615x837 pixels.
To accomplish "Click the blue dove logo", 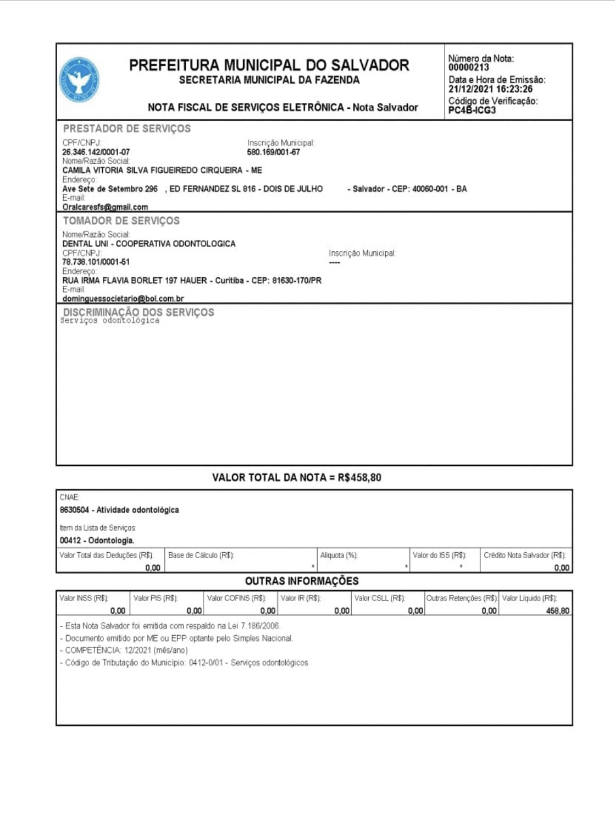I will click(x=79, y=80).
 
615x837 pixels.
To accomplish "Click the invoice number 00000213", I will click(x=468, y=68).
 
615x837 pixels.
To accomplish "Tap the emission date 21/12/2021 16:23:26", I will click(x=490, y=89).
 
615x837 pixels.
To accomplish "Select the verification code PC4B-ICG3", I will click(x=472, y=110).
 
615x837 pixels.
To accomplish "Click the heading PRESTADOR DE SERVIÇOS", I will click(x=127, y=129).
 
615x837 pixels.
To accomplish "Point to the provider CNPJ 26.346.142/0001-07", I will click(x=96, y=152).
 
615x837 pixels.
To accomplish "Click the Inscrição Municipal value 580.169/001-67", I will click(x=273, y=152).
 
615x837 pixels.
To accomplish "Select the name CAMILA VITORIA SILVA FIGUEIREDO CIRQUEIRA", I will click(x=152, y=170).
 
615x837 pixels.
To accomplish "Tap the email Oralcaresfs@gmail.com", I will click(x=105, y=207).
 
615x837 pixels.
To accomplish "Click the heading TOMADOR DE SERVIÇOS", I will click(x=121, y=221).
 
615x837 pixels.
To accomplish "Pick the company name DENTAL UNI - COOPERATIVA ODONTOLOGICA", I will click(x=149, y=244).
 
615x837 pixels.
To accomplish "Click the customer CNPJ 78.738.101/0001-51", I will click(x=96, y=262).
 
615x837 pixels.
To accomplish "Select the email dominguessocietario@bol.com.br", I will click(x=123, y=299).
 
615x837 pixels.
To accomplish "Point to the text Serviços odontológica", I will click(x=110, y=321).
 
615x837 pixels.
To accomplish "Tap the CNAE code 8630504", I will click(x=74, y=510).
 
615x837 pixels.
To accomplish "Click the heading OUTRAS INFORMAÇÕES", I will click(x=302, y=581).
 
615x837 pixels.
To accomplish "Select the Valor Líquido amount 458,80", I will click(x=557, y=611).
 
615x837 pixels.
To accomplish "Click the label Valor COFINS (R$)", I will click(x=236, y=598).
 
